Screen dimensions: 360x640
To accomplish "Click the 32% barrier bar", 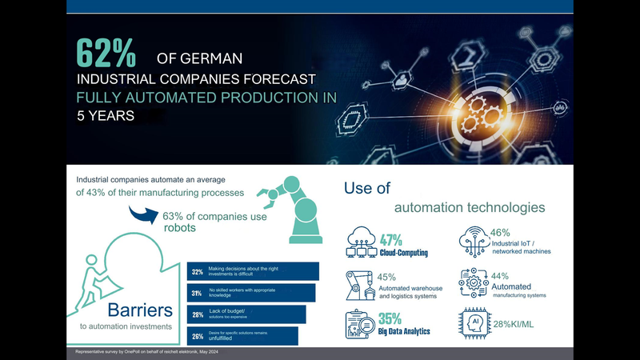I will [252, 272].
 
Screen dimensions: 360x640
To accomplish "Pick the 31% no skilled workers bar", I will [250, 293].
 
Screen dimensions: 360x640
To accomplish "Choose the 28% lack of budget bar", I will [246, 314].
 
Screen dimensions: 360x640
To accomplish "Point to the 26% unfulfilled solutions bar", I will [242, 335].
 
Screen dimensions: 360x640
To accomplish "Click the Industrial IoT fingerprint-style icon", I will [474, 241].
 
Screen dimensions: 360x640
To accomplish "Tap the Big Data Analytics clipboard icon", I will [361, 325].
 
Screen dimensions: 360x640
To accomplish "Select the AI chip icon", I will [475, 323].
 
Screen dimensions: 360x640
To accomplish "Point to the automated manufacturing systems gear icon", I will [474, 283].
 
